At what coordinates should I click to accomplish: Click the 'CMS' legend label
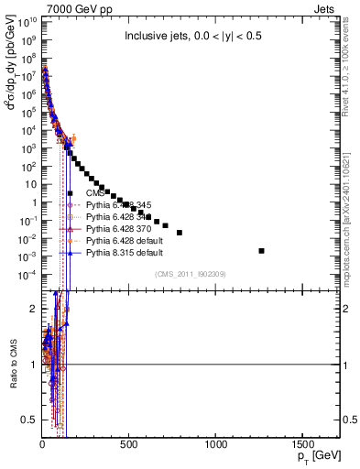(95, 193)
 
